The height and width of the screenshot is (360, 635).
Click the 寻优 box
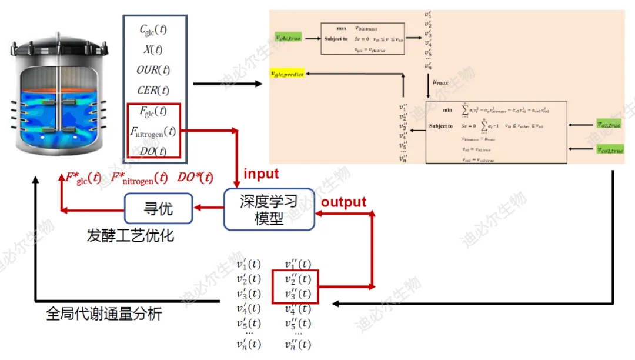tap(158, 208)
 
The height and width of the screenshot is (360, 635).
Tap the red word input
tap(261, 174)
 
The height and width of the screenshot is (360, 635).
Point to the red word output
tap(343, 202)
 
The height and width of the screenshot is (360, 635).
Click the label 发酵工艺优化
tap(130, 236)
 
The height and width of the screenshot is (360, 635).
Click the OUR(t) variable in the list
tap(153, 70)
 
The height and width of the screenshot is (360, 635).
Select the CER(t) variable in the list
tap(153, 90)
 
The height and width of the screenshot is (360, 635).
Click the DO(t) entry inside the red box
tap(153, 151)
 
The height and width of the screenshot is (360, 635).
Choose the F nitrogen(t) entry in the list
tap(153, 131)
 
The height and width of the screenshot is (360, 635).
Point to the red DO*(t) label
tap(195, 177)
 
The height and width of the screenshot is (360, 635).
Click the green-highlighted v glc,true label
tap(288, 38)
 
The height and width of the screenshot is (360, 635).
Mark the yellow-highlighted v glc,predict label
tap(286, 74)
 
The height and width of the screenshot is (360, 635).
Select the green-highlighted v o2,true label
tap(608, 125)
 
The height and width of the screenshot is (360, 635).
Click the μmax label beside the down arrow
tap(440, 83)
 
